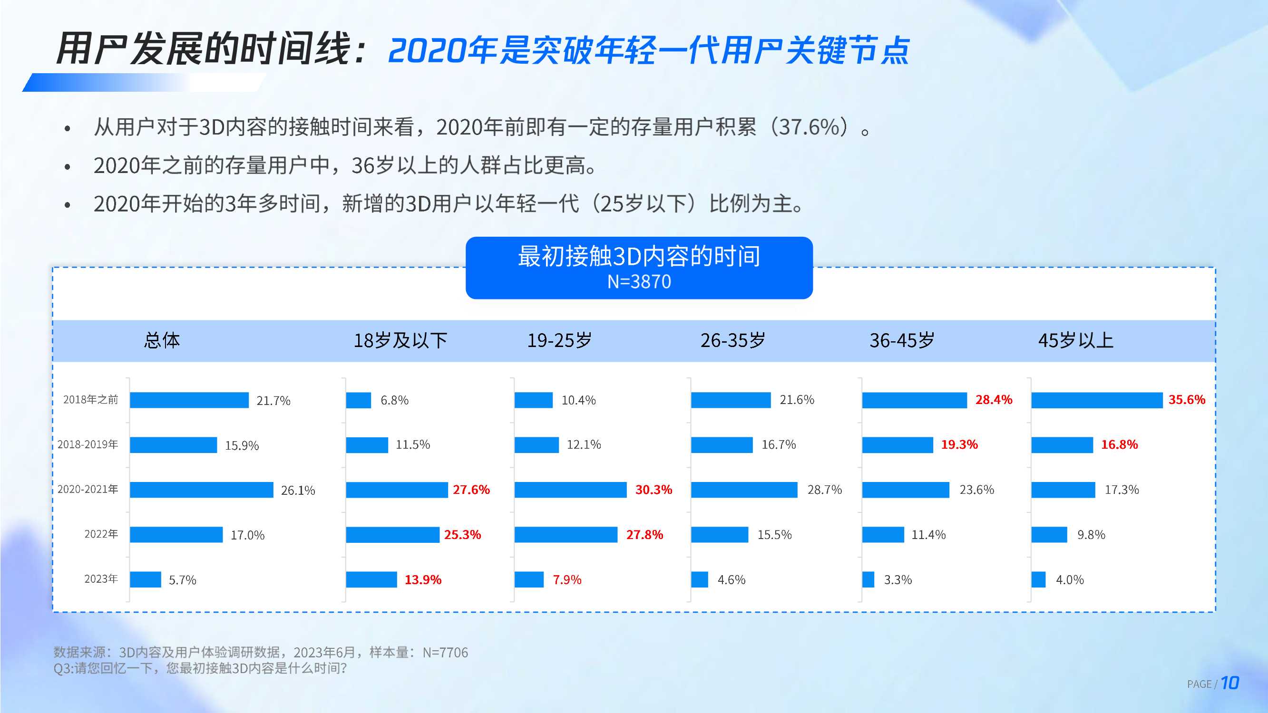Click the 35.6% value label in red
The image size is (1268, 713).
pos(1186,400)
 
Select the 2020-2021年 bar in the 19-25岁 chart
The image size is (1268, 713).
pos(570,490)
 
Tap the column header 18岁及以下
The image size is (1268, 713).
pos(400,340)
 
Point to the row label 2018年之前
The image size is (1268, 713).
pos(90,400)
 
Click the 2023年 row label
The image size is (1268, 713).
pos(101,579)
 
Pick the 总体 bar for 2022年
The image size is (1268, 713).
pos(176,534)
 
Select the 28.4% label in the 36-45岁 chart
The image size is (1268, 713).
pos(994,400)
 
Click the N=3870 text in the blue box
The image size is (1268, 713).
pos(639,282)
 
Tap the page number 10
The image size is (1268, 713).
pos(1229,683)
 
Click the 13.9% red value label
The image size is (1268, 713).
pos(423,579)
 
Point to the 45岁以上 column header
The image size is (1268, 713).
pos(1075,340)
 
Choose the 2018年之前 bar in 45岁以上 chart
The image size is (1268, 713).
pos(1097,400)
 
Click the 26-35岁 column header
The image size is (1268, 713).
pos(732,340)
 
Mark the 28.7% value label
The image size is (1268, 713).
pos(825,490)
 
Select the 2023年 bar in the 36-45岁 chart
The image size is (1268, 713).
pos(868,579)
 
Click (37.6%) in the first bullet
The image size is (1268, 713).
pos(809,127)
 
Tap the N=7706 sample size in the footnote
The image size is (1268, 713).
pos(445,653)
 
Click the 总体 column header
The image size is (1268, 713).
pos(162,340)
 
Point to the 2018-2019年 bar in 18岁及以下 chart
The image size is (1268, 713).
pos(367,445)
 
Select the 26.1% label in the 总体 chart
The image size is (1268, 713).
pos(298,491)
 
